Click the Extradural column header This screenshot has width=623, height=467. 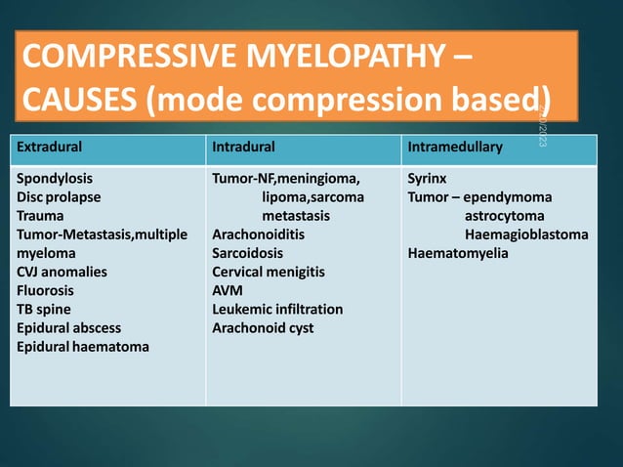pyautogui.click(x=47, y=148)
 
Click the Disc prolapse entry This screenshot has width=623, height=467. pyautogui.click(x=58, y=197)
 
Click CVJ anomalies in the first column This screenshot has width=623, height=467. pyautogui.click(x=62, y=272)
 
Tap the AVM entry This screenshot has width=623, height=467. pyautogui.click(x=227, y=290)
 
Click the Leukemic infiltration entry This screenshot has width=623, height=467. pyautogui.click(x=277, y=309)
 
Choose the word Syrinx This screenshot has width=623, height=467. pyautogui.click(x=427, y=180)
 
